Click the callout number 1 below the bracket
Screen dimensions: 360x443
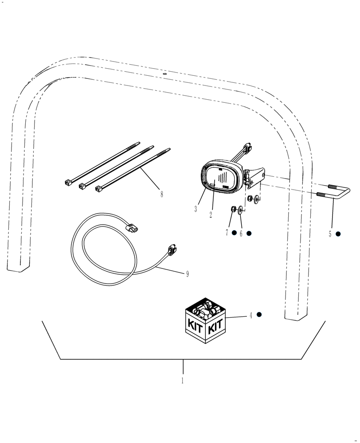click(x=182, y=380)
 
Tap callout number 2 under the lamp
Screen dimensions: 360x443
click(x=211, y=215)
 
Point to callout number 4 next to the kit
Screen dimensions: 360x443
click(x=250, y=315)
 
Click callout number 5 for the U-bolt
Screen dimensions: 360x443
click(x=330, y=234)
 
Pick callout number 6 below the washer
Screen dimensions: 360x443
click(x=241, y=233)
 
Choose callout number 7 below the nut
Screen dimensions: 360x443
click(x=227, y=233)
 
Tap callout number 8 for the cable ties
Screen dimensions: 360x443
click(x=161, y=194)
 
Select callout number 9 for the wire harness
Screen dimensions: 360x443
click(x=187, y=274)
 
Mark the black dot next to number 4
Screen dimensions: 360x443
click(x=259, y=315)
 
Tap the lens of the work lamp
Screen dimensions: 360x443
click(x=220, y=179)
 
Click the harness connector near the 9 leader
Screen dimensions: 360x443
click(x=172, y=250)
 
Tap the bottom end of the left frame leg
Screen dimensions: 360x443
click(x=19, y=266)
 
